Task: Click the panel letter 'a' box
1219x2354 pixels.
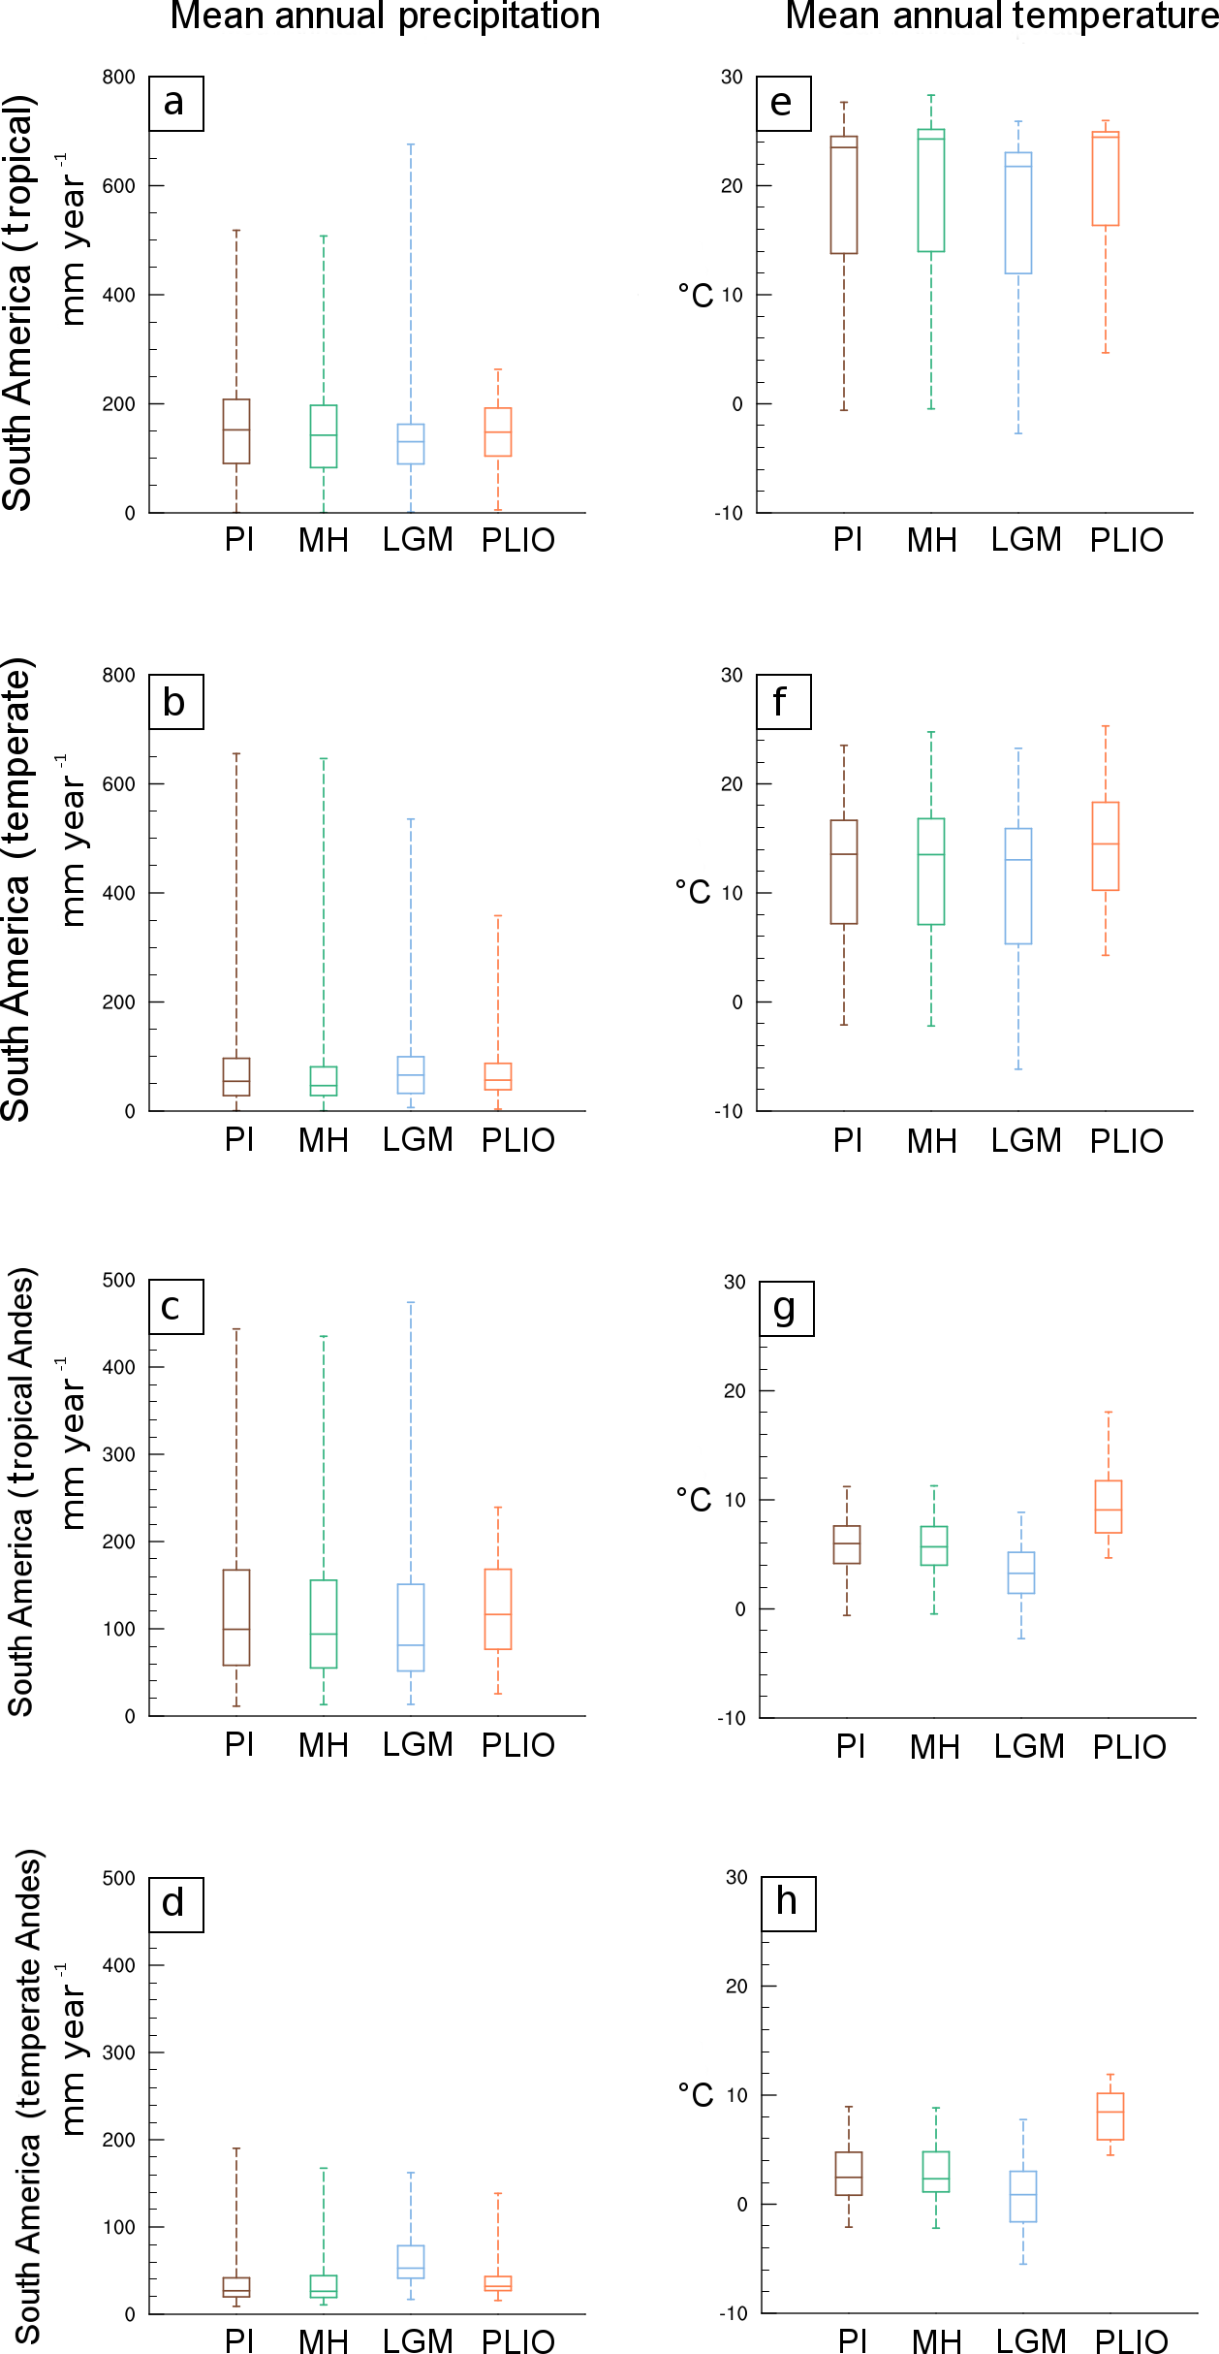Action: pyautogui.click(x=175, y=104)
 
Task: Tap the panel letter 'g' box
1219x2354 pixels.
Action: pyautogui.click(x=786, y=1309)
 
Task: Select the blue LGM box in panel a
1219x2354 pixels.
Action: pyautogui.click(x=411, y=444)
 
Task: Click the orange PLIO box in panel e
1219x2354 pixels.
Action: pyautogui.click(x=1106, y=179)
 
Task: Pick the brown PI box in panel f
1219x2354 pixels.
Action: pyautogui.click(x=844, y=873)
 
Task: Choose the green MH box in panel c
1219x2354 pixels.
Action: pyautogui.click(x=324, y=1624)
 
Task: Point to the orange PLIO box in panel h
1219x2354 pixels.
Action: pyautogui.click(x=1110, y=2116)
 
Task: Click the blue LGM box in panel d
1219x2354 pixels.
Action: pyautogui.click(x=411, y=2262)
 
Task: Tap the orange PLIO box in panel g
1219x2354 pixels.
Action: pyautogui.click(x=1109, y=1507)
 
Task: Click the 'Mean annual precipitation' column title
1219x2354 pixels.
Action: pyautogui.click(x=385, y=16)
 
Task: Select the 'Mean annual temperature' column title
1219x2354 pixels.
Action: pyautogui.click(x=1001, y=16)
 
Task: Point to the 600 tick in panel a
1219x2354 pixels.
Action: pyautogui.click(x=119, y=185)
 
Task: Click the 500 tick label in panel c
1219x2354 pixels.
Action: pyautogui.click(x=119, y=1280)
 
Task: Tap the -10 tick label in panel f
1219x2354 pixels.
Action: pyautogui.click(x=730, y=1111)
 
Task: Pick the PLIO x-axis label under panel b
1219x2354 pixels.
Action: pyautogui.click(x=518, y=1140)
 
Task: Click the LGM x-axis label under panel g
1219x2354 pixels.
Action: pyautogui.click(x=1029, y=1746)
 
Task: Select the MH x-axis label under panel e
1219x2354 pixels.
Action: pyautogui.click(x=932, y=541)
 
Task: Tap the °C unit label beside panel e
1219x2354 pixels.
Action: pyautogui.click(x=695, y=296)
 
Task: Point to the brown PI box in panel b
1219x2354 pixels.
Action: pyautogui.click(x=236, y=1077)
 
